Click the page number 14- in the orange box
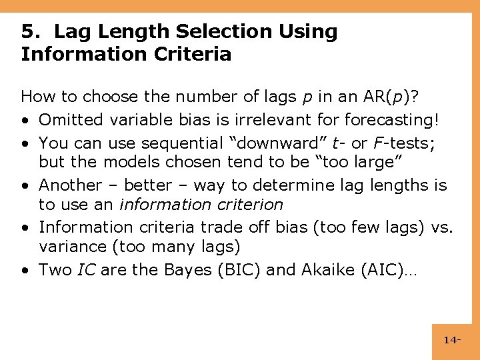pos(452,341)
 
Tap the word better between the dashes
pos(147,185)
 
